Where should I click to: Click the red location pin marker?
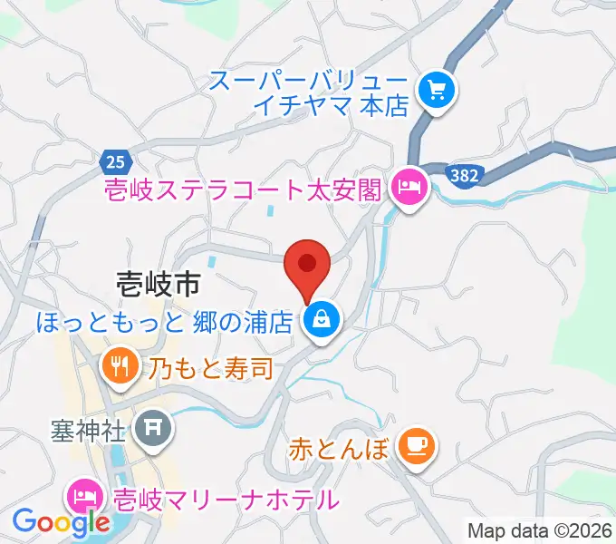[x=306, y=265]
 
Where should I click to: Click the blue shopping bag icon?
[x=321, y=318]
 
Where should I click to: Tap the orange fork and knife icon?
[x=120, y=367]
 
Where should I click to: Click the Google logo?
[x=62, y=522]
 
